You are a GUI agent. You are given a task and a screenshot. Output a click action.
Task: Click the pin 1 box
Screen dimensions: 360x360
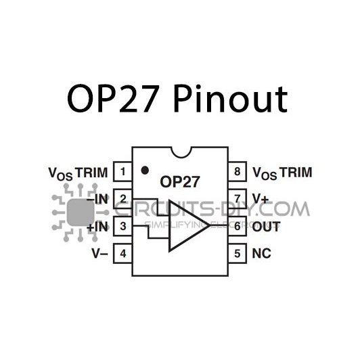coord(122,172)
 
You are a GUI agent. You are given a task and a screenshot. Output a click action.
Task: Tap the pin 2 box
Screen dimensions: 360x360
coord(122,199)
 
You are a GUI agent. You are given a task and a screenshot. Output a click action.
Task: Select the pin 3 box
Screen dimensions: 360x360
coord(122,226)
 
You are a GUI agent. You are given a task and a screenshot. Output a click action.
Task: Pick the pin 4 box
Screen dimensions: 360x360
coord(122,254)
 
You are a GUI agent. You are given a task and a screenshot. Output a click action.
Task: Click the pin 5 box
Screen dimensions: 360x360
coord(236,254)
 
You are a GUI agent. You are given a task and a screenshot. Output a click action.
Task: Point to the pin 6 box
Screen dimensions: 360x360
coord(236,226)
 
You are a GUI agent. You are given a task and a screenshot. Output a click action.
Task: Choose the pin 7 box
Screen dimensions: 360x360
coord(236,199)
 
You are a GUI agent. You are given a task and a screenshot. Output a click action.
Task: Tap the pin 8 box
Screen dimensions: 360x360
coord(236,172)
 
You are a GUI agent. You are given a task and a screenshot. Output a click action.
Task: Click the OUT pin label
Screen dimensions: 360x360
coord(266,227)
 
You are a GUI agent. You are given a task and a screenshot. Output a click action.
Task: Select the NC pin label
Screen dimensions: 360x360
coord(261,254)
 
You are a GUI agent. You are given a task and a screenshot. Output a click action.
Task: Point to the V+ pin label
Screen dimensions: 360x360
coord(261,199)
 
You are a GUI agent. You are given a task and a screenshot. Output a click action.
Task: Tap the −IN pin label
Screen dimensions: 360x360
coord(98,199)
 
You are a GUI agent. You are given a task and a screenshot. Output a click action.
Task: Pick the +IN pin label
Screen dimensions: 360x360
coord(98,227)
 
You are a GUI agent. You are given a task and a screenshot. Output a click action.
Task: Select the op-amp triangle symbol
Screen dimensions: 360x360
coord(187,225)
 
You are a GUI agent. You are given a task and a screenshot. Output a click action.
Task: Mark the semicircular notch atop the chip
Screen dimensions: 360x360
coord(179,150)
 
